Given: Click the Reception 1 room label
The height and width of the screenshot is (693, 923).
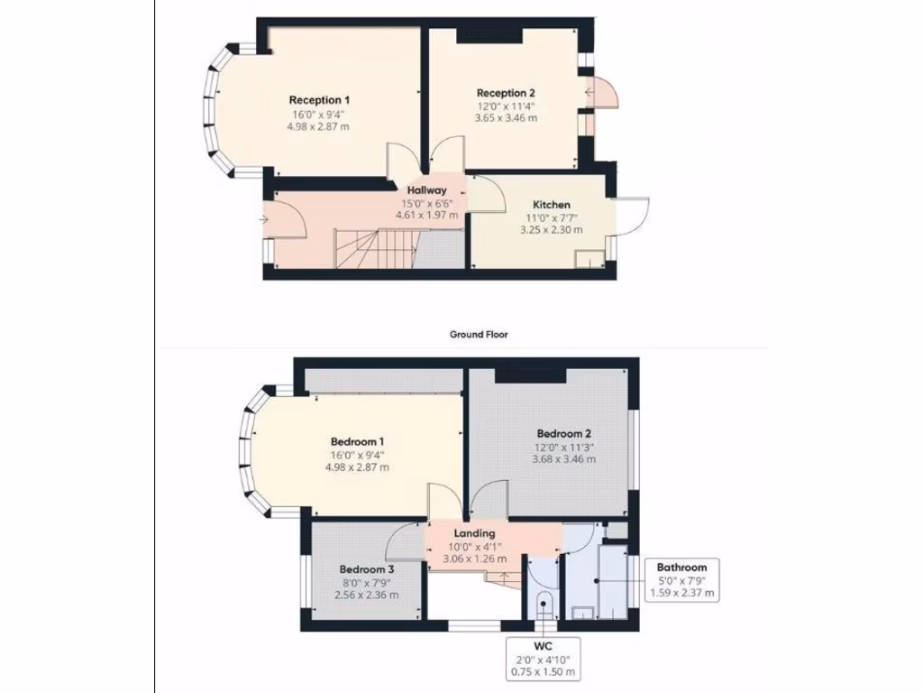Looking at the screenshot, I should tap(319, 99).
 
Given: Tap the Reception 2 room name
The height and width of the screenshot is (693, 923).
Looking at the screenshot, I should tap(506, 93).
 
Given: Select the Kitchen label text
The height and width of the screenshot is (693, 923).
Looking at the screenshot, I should tap(551, 205).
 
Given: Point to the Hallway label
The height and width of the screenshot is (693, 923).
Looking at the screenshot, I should tap(426, 190).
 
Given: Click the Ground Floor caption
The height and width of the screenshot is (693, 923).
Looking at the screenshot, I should tap(479, 334).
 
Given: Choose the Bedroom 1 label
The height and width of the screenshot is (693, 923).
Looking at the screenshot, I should tap(358, 441).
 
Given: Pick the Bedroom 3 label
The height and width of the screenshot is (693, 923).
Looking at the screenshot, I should tap(367, 569).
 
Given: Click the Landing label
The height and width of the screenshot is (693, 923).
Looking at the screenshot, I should tap(474, 533).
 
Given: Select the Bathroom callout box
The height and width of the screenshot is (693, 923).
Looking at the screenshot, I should tap(682, 580).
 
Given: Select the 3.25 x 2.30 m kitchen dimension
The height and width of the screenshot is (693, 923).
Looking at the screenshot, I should tap(551, 230).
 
